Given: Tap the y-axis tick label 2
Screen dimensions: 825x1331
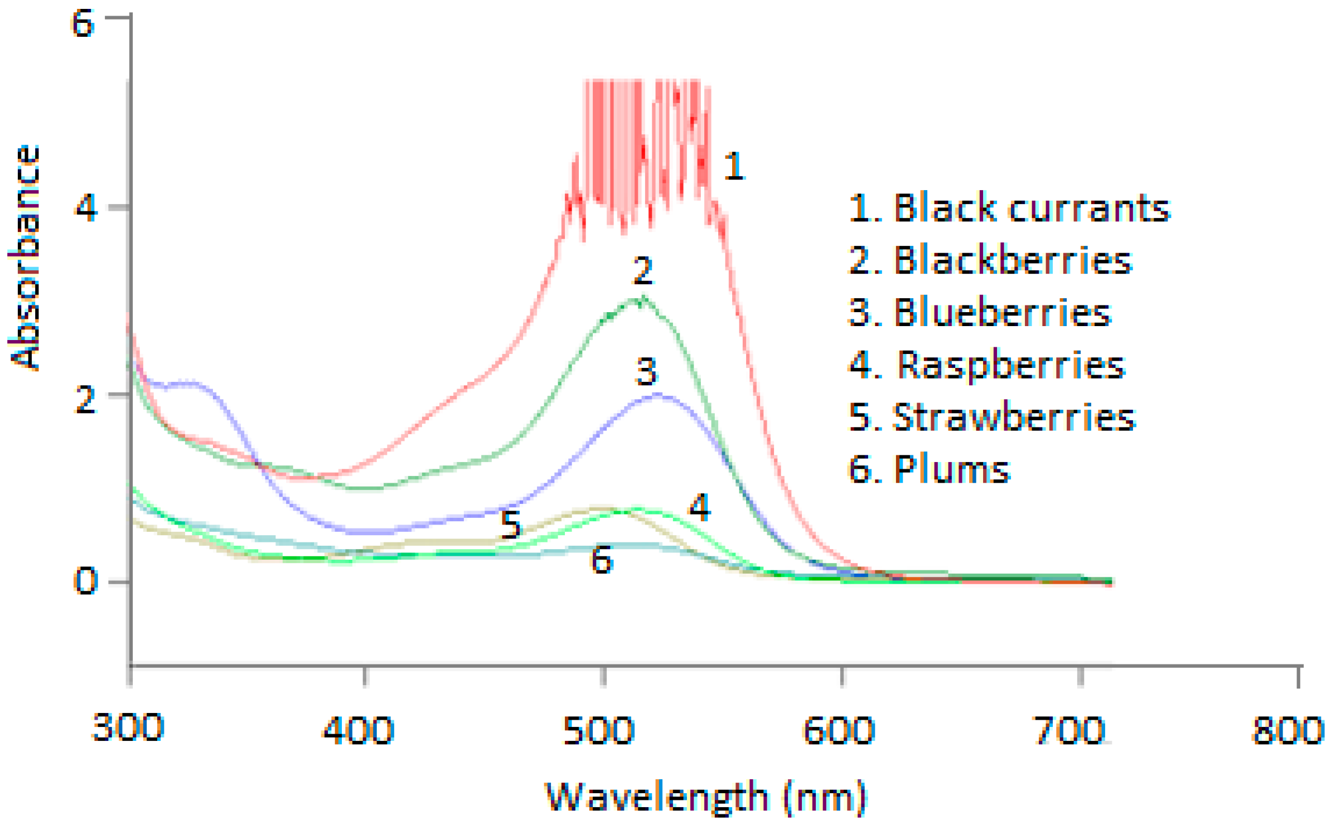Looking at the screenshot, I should click(x=85, y=399).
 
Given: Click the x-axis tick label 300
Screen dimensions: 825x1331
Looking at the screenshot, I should click(x=127, y=727).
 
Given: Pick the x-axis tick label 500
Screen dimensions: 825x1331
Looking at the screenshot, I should click(x=599, y=730).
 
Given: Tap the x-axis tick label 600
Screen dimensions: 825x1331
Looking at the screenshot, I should click(x=838, y=730).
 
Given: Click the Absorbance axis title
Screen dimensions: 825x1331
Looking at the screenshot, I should click(x=25, y=258).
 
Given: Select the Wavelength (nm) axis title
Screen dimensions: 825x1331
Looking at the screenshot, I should click(x=706, y=797).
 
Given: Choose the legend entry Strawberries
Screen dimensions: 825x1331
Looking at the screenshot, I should click(x=991, y=416).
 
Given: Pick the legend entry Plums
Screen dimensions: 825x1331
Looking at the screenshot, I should click(x=929, y=469).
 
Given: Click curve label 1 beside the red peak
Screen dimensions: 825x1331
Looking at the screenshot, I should click(x=734, y=166).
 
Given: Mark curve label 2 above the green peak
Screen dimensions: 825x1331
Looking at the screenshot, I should click(x=643, y=270).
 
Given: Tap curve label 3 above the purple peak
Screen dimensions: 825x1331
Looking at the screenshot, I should click(x=646, y=371).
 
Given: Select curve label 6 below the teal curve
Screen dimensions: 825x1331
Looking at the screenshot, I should click(x=602, y=559).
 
